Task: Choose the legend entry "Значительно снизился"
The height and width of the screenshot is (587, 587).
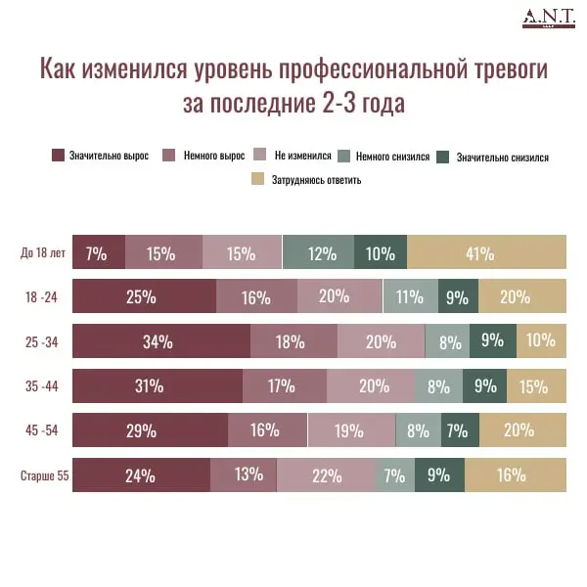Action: [493, 157]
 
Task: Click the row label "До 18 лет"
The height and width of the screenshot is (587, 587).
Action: [43, 253]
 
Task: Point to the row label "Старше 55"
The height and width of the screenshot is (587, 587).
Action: [44, 476]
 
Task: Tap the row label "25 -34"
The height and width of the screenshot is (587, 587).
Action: [44, 342]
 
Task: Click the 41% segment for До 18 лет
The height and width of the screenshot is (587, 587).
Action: [486, 253]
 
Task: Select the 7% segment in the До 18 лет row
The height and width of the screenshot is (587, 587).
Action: [98, 253]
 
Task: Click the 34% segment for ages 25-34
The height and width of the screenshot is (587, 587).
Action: [160, 342]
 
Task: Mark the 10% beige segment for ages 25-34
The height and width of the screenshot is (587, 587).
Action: [541, 342]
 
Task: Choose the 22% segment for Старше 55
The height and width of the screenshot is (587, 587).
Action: [326, 476]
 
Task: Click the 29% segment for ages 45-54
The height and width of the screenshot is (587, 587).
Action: [150, 430]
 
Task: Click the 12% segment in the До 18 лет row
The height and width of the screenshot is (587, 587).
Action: [318, 253]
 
